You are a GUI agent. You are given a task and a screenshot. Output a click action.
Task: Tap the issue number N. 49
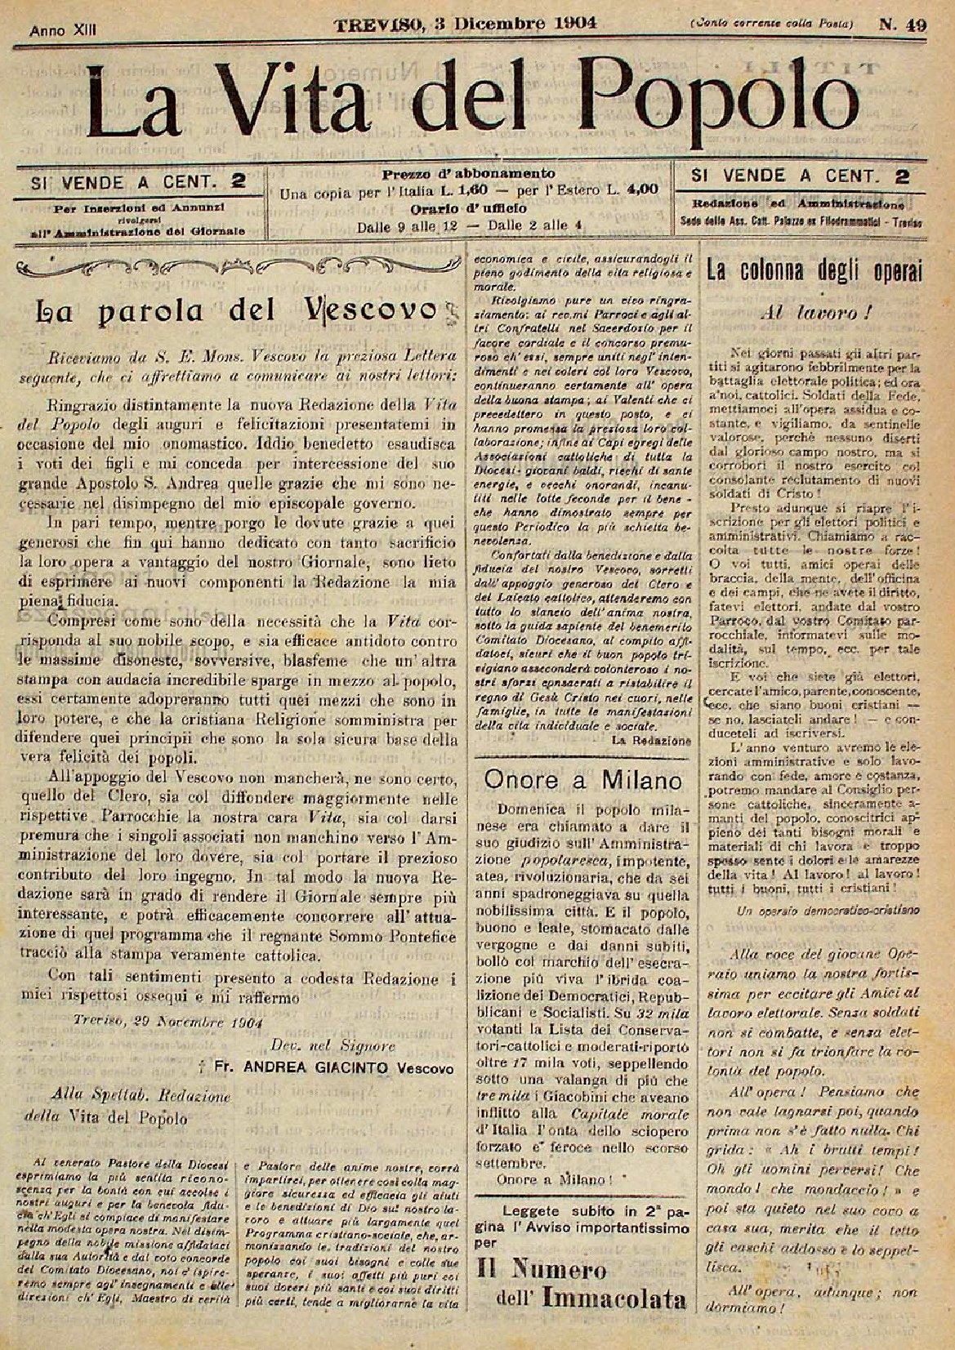click(x=902, y=25)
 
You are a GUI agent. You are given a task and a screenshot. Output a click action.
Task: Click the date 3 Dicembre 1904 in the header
click(x=507, y=24)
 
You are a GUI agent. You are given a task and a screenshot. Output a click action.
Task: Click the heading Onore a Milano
click(x=582, y=780)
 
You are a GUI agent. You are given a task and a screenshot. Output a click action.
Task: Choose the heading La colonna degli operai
click(x=814, y=271)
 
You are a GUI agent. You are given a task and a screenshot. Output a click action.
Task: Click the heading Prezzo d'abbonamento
click(x=468, y=173)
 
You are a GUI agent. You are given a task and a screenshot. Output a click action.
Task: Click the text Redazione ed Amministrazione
click(x=797, y=203)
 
